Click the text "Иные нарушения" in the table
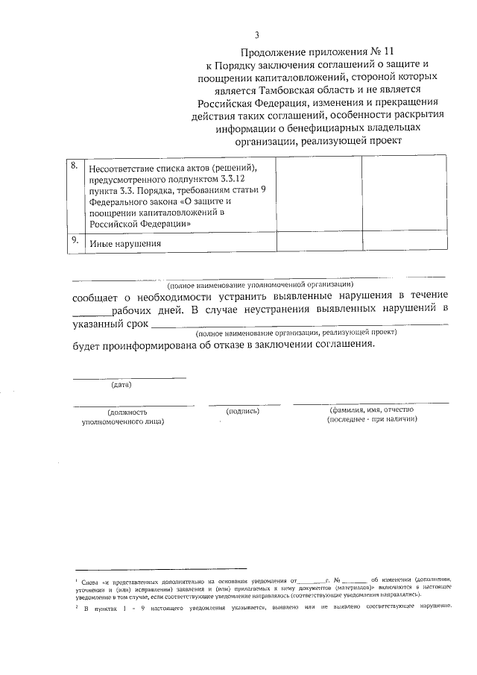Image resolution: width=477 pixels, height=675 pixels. [x=125, y=244]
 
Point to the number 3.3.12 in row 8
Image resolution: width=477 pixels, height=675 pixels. [x=239, y=180]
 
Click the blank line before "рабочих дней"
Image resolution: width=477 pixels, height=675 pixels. [x=90, y=313]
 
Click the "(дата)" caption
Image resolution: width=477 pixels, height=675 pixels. [x=121, y=385]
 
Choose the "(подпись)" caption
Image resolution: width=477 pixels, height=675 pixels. [x=243, y=411]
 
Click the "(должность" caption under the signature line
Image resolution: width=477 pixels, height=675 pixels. [x=127, y=412]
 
